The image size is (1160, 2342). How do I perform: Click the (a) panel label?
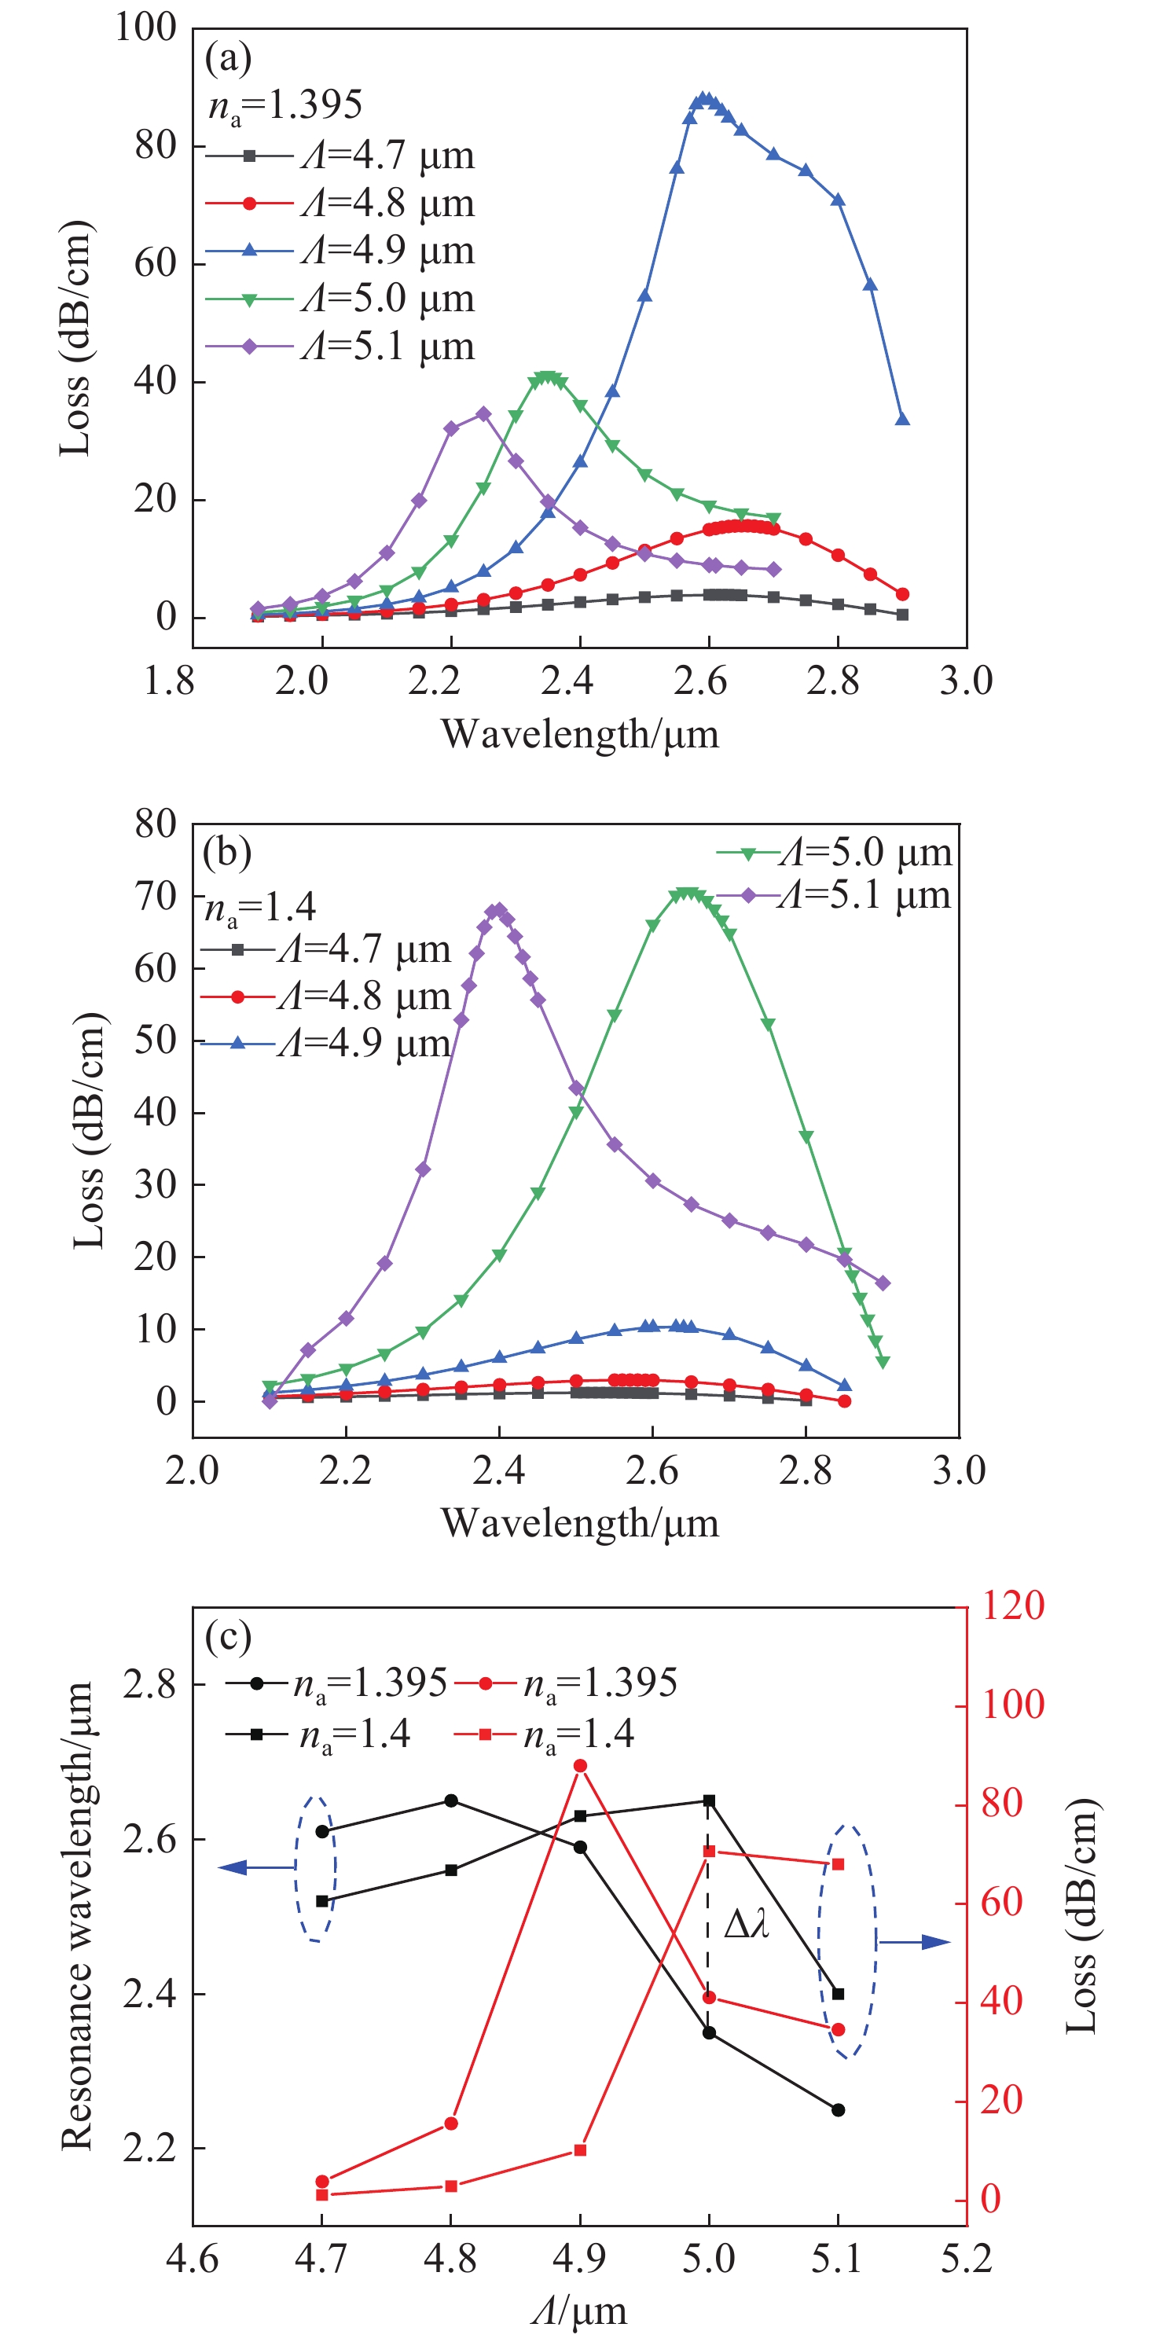[228, 58]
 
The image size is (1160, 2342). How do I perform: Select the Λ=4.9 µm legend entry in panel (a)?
[341, 251]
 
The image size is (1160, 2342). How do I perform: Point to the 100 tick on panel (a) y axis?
[145, 28]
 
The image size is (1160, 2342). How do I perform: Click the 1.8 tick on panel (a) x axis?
[170, 680]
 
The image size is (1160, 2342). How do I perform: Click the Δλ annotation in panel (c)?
[747, 1924]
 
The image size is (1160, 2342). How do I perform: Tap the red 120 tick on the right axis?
[1011, 1606]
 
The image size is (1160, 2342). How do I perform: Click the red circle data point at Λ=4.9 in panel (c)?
[580, 1766]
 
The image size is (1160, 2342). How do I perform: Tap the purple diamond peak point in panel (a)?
[483, 413]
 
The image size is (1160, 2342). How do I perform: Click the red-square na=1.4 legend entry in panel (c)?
[545, 1734]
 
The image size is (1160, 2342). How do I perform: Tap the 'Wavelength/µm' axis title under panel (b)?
[580, 1523]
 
